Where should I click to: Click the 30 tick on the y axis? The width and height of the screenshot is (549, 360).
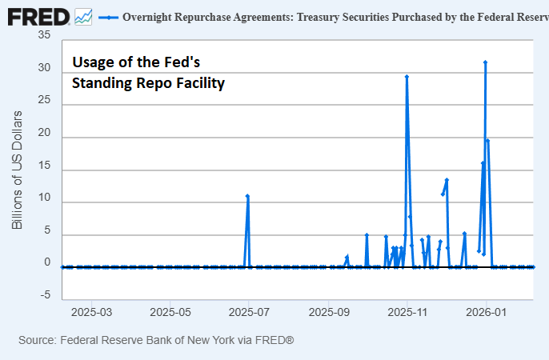[x=44, y=70]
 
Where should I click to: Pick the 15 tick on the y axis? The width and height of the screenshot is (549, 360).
[x=44, y=169]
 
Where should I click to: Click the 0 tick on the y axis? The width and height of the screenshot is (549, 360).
[x=47, y=263]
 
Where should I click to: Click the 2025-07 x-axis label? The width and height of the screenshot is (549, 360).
[x=249, y=310]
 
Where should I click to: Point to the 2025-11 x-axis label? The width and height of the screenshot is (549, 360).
[x=407, y=310]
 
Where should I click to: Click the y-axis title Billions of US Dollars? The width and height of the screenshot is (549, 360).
[x=17, y=168]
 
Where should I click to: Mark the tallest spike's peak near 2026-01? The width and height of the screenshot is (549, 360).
[x=485, y=62]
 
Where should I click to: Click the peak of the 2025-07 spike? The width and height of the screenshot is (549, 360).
[x=247, y=195]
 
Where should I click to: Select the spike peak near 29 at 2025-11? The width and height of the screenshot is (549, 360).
[x=407, y=77]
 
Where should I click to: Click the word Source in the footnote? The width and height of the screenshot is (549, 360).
[x=37, y=341]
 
